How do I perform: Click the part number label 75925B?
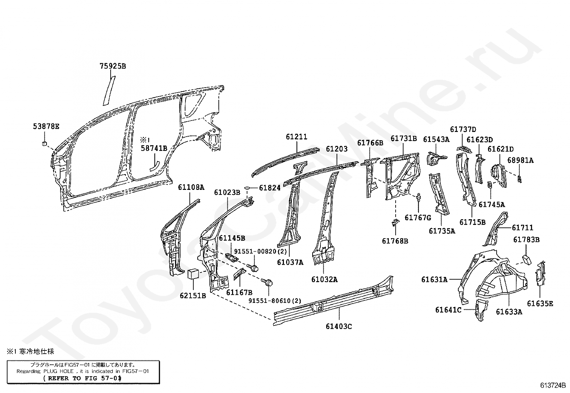point(112,66)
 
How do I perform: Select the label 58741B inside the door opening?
point(154,148)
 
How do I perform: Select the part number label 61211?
point(296,137)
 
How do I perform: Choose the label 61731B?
point(404,138)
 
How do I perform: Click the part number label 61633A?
point(509,312)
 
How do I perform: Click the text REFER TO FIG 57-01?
point(82,378)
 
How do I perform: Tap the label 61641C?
point(448,310)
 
